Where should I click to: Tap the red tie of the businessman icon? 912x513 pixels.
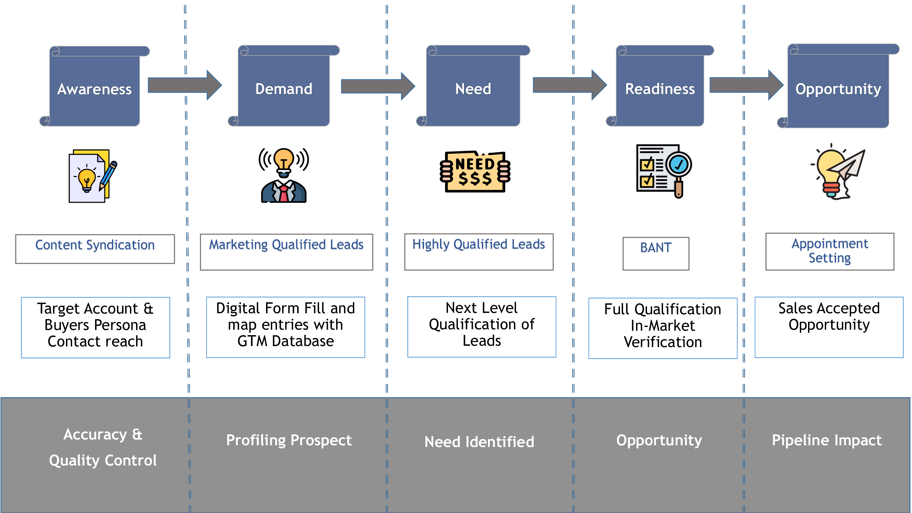coord(283,193)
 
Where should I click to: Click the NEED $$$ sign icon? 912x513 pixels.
coord(475,172)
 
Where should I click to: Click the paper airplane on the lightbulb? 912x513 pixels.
coord(848,165)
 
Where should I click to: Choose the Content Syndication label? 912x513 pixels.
coord(95,245)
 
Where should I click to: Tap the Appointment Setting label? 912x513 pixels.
coord(830,251)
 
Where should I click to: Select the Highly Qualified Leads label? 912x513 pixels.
coord(479,244)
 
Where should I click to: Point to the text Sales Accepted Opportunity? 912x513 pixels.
coord(829,316)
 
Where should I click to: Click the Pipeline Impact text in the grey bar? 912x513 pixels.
coord(826,440)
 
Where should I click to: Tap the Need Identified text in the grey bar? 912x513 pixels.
coord(479,442)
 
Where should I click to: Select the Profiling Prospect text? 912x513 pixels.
coord(289,440)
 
